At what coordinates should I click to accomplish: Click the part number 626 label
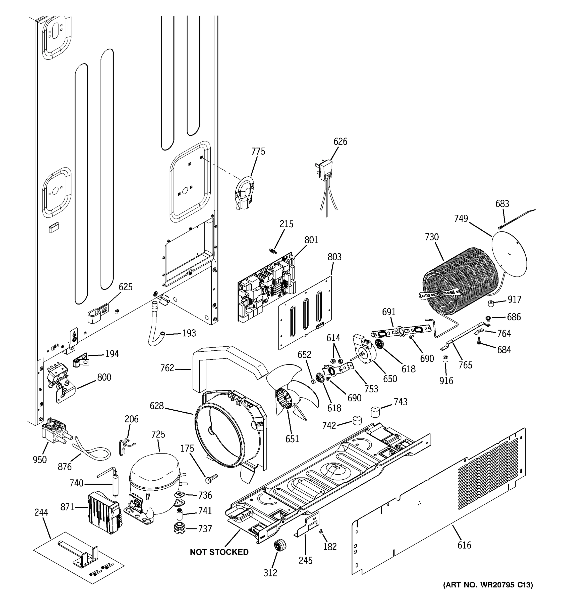tap(340, 141)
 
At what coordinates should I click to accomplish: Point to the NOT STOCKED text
tap(219, 552)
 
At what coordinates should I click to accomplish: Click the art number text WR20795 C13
tap(488, 593)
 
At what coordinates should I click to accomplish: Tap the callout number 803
tap(334, 257)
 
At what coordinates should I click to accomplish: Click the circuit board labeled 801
tap(267, 288)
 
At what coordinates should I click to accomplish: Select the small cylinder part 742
tap(357, 421)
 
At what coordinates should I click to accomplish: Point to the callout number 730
tap(431, 237)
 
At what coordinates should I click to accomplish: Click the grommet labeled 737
tap(180, 529)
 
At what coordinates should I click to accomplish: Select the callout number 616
tap(464, 545)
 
